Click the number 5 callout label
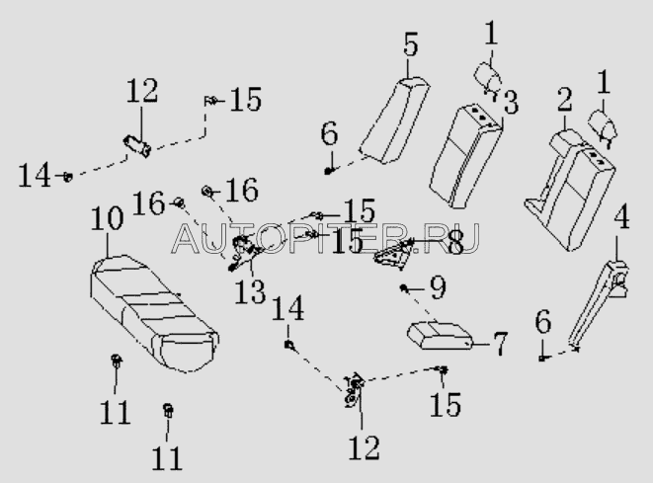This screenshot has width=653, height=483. point(410,44)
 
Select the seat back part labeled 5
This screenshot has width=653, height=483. point(394,121)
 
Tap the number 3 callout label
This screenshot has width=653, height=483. point(511,103)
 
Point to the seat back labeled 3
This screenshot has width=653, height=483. point(465,156)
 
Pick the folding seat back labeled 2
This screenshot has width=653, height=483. point(570,190)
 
